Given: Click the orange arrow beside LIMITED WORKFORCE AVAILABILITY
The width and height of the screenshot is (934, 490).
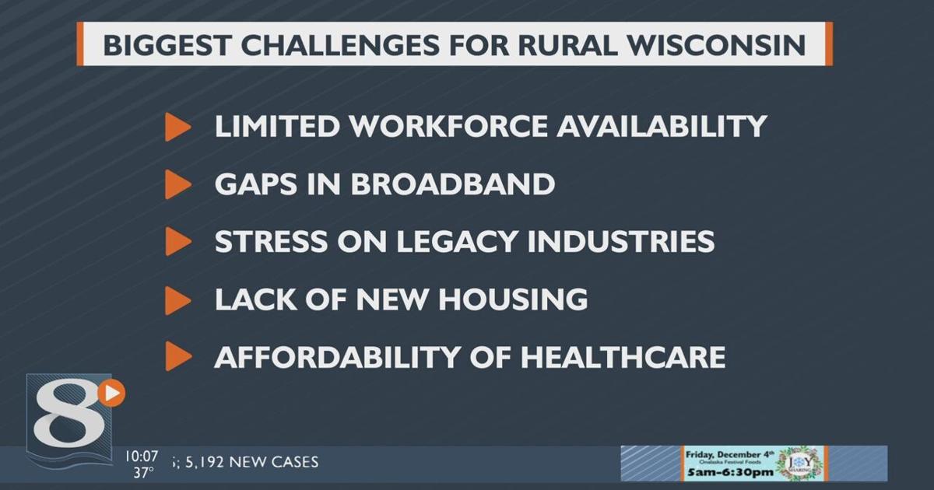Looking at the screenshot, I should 177,127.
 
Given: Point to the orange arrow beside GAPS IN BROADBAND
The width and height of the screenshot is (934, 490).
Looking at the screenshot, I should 177,184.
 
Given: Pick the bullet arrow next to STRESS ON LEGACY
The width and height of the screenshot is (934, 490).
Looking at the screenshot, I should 177,242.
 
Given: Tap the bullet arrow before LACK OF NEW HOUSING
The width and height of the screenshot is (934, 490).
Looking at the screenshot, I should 177,299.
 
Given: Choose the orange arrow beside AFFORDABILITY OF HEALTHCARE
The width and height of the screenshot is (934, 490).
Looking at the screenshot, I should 177,357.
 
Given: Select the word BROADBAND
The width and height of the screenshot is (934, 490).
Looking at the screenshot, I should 452,184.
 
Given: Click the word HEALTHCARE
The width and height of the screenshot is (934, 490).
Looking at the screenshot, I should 623,357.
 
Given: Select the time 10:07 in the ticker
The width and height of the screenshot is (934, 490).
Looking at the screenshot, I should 141,455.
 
